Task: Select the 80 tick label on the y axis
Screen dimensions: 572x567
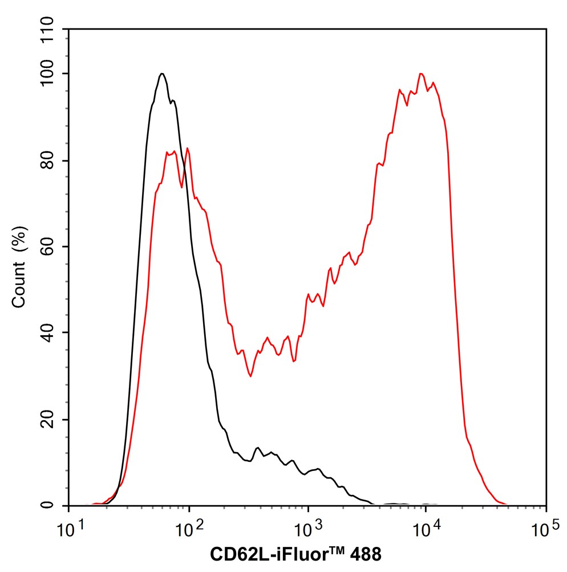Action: coord(53,161)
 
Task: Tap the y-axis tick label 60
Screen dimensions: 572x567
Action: coord(53,247)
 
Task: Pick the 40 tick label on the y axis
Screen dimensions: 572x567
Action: coord(53,333)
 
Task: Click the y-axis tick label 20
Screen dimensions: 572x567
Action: coord(53,420)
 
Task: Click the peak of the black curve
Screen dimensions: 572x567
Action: coord(163,74)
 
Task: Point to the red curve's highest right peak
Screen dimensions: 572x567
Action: coord(421,74)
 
